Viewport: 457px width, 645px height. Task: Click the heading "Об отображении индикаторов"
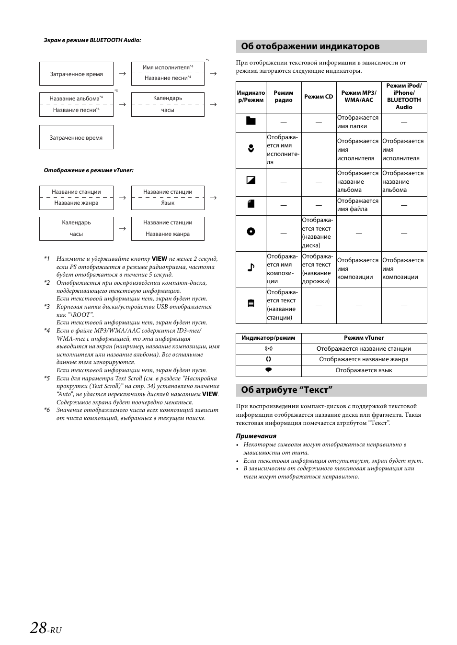(310, 46)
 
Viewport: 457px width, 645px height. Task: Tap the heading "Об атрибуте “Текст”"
(286, 390)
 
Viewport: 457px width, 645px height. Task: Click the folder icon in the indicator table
(251, 121)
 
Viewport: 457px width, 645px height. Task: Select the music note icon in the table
(251, 267)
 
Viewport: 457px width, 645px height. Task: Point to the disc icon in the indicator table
(251, 232)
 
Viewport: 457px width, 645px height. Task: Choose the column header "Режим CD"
(319, 97)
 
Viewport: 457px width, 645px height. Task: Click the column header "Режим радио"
(284, 97)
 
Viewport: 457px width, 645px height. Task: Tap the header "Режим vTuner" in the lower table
(364, 338)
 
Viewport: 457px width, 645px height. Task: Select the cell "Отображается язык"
(364, 370)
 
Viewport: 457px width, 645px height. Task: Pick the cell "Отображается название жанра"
(364, 359)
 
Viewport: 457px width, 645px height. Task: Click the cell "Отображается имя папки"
(358, 122)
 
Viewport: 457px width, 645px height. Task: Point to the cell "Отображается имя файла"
(358, 205)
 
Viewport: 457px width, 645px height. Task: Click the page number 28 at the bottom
(38, 628)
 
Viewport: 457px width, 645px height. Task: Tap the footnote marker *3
(47, 307)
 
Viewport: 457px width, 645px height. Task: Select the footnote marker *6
(47, 410)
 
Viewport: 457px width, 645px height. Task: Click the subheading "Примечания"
(256, 436)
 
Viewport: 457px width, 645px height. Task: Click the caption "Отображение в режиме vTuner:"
(89, 170)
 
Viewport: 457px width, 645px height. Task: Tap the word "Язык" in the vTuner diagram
(168, 203)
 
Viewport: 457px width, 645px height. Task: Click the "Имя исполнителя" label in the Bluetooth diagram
(166, 67)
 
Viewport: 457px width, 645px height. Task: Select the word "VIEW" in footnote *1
(160, 259)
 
